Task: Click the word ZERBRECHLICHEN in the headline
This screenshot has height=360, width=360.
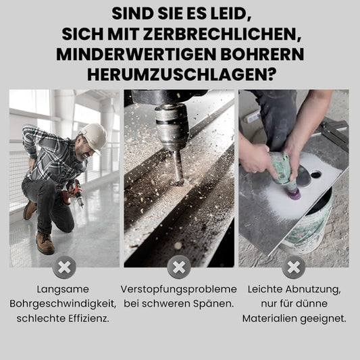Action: [222, 34]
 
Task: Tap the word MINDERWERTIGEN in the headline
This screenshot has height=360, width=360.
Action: [136, 55]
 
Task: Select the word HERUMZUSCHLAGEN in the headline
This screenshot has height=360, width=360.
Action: [182, 74]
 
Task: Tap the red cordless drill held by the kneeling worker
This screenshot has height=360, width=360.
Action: [73, 193]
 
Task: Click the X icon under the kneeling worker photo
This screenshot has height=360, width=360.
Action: [64, 267]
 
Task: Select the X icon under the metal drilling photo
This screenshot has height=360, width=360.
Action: [179, 267]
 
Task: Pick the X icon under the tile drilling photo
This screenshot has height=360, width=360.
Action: [294, 267]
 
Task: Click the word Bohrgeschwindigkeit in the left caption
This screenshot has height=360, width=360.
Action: [63, 304]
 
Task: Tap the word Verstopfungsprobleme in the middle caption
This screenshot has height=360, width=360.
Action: [178, 290]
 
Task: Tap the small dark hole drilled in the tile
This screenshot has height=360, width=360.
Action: [316, 174]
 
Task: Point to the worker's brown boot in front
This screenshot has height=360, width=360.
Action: [45, 243]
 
